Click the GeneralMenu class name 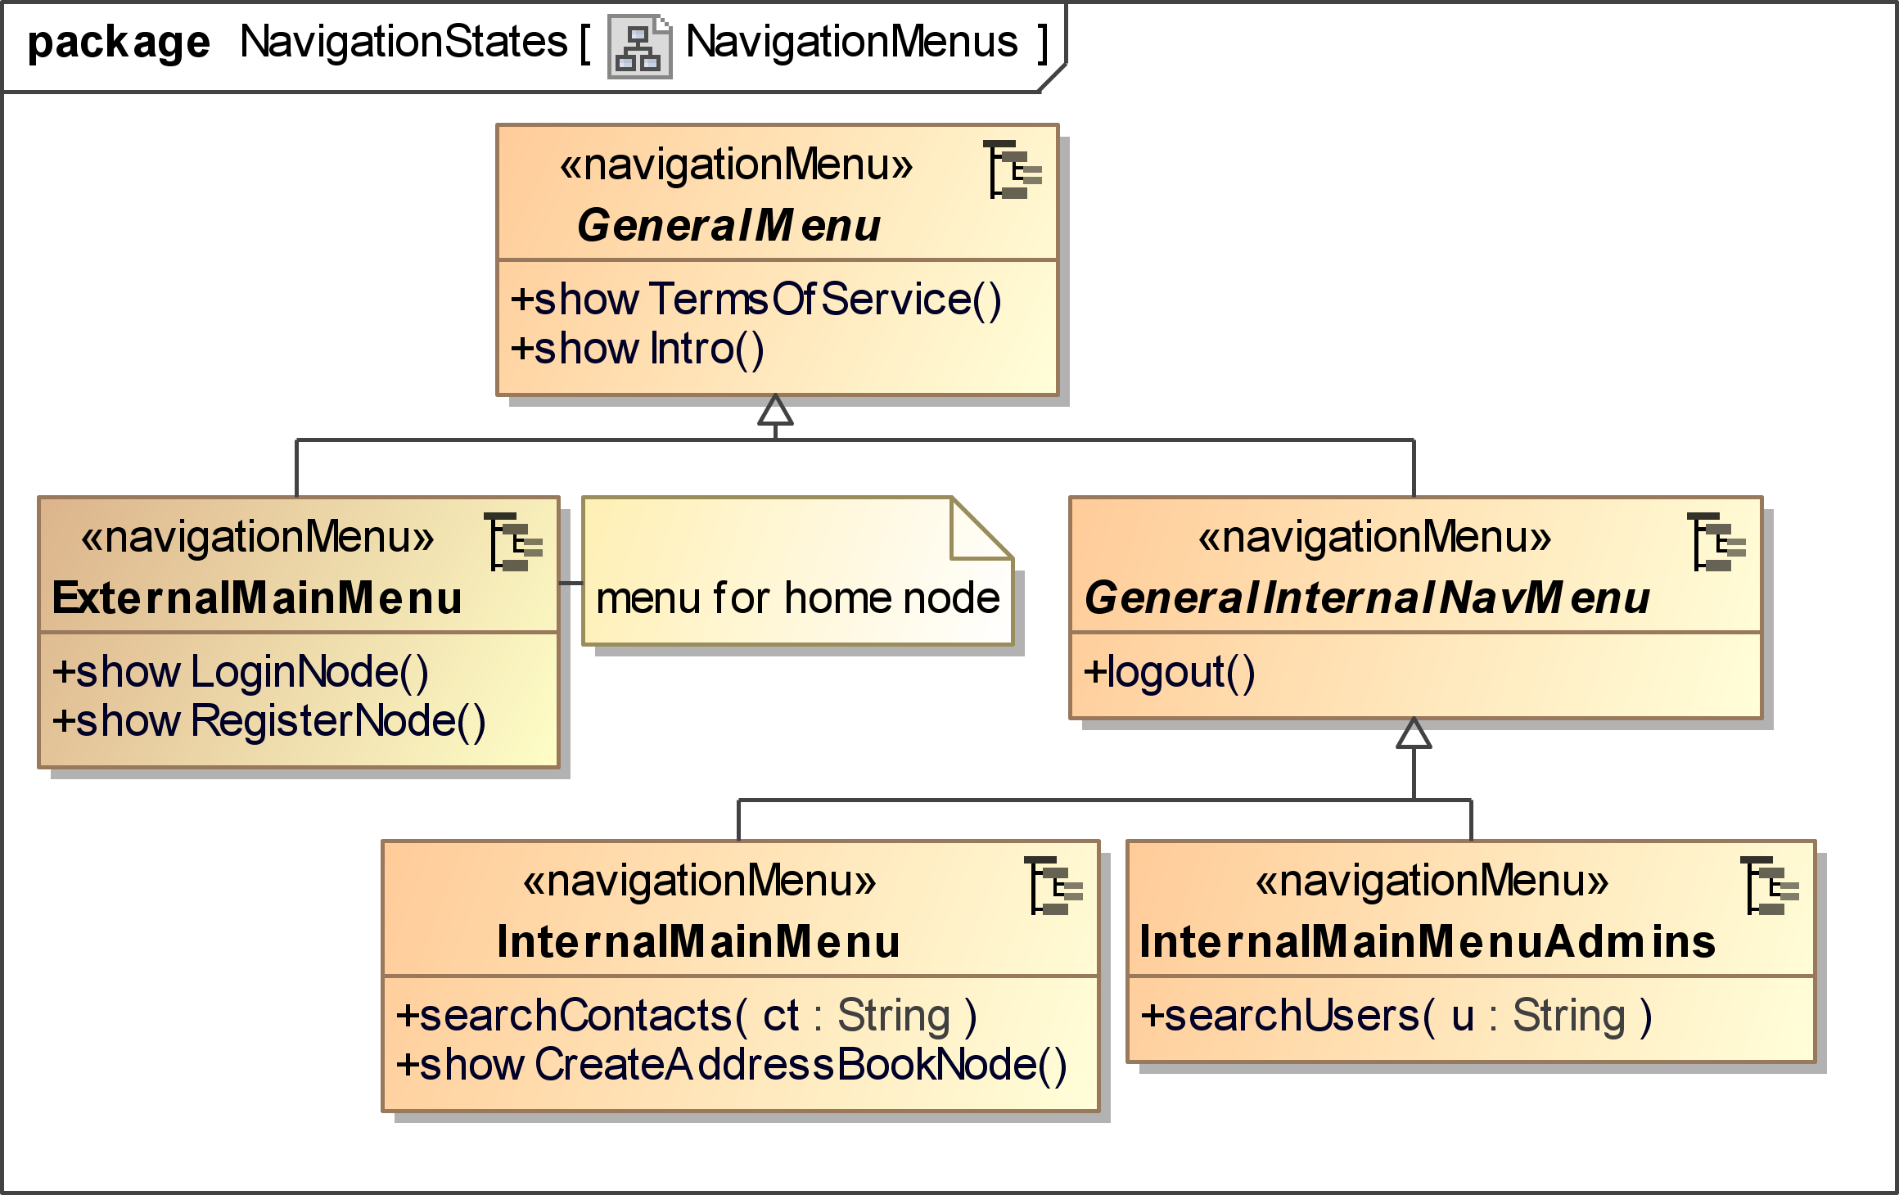pos(728,226)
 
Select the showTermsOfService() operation pos(756,300)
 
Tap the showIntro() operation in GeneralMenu pos(637,349)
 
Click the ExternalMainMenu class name pos(257,597)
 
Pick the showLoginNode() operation pos(240,672)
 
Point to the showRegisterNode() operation pos(268,721)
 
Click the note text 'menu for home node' pos(798,597)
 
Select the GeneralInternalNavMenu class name pos(1367,597)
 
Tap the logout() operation pos(1169,672)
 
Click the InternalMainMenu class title pos(698,941)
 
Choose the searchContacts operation pos(686,1016)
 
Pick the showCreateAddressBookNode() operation pos(731,1065)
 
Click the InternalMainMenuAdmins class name pos(1428,941)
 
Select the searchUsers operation pos(1396,1016)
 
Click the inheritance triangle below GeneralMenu pos(775,409)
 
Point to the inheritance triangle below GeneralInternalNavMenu pos(1414,733)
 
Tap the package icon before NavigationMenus pos(639,47)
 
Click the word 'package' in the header pos(119,43)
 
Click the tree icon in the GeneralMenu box pos(1013,169)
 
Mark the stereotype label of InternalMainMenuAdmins pos(1432,881)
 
